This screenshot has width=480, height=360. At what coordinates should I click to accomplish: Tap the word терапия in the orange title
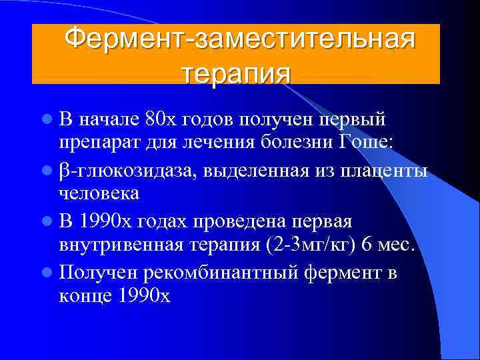coord(236,71)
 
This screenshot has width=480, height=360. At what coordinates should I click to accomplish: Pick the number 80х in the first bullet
coord(161,119)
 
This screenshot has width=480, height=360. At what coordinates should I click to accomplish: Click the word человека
coord(99,193)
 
